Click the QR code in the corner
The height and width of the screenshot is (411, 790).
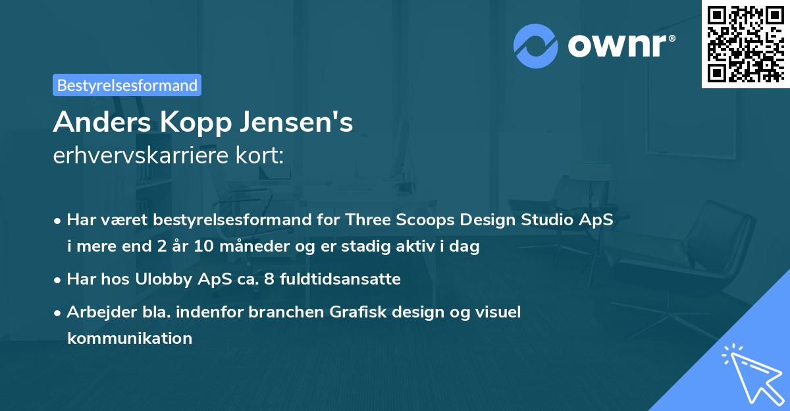(x=746, y=43)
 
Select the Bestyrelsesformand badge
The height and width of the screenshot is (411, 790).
(x=127, y=85)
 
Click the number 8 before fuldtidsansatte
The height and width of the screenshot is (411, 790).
(x=268, y=279)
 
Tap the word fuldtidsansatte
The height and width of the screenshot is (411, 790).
(x=340, y=279)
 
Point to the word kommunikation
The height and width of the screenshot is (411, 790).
(x=129, y=339)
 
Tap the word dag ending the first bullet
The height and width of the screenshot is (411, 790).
(x=465, y=248)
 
